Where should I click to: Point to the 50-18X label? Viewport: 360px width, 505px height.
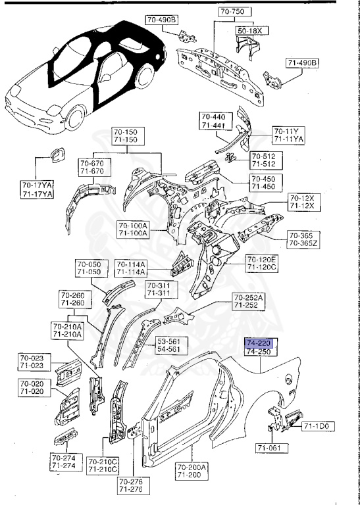(x=249, y=31)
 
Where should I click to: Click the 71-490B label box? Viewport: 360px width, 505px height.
(x=302, y=63)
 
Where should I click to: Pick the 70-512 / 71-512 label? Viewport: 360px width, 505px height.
(x=264, y=160)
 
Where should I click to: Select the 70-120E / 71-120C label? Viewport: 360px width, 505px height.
(x=261, y=264)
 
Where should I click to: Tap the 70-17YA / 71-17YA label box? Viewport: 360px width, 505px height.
(x=37, y=189)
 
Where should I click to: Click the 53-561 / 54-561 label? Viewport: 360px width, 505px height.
(x=172, y=346)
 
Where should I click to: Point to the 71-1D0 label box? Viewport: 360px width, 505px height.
(x=319, y=427)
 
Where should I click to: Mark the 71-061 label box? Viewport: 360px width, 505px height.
(x=270, y=449)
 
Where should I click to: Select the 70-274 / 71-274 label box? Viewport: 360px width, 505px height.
(x=64, y=462)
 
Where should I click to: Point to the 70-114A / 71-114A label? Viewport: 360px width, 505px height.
(x=130, y=267)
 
